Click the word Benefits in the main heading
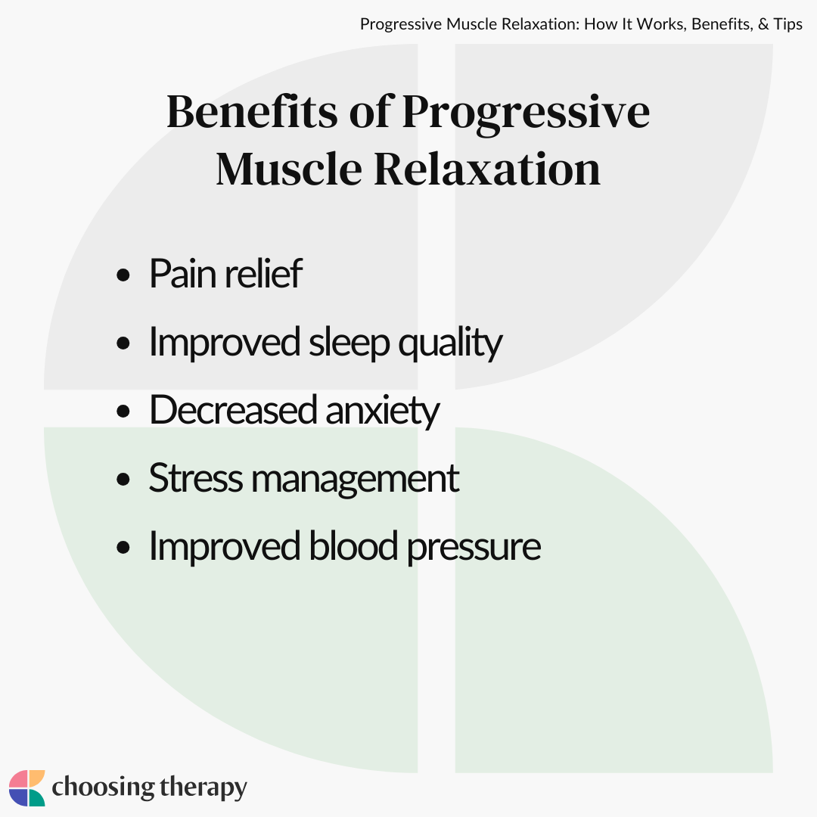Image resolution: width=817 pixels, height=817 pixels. click(252, 111)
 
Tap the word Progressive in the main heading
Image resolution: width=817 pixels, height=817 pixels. click(526, 113)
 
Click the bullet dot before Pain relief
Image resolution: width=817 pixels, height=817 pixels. click(123, 275)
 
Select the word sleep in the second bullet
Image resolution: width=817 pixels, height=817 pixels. click(349, 343)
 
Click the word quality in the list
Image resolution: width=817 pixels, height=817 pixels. click(450, 343)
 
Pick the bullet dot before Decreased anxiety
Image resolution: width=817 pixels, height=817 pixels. click(123, 411)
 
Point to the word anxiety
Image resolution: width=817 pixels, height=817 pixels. click(383, 411)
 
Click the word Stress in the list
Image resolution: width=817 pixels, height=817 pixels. click(196, 478)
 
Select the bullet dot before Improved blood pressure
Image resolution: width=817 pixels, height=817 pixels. click(123, 548)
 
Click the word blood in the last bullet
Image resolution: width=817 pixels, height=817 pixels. click(353, 545)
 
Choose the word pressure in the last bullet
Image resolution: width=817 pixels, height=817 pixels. click(474, 548)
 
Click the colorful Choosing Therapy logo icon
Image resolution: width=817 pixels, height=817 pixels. click(27, 787)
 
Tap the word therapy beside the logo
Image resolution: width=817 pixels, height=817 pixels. click(203, 787)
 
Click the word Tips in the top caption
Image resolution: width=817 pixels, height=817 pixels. click(787, 24)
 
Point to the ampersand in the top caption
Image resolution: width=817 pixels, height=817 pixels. click(763, 24)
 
